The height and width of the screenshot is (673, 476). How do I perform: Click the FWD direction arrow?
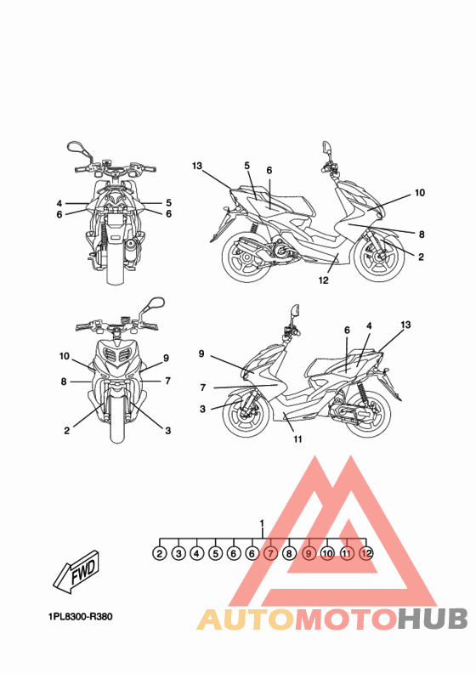pos(76,572)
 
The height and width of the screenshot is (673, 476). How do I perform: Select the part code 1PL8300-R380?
pos(81,617)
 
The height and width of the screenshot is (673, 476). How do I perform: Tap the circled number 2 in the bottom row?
pos(159,553)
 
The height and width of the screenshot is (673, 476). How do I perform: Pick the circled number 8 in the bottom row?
pos(289,553)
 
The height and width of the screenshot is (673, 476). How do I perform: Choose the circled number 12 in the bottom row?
pos(366,553)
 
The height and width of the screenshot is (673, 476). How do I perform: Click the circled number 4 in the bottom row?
pos(196,553)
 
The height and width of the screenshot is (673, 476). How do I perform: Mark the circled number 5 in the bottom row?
pos(215,553)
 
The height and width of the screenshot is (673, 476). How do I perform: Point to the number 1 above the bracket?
pos(263,523)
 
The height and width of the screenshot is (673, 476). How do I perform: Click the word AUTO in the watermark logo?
pos(246,619)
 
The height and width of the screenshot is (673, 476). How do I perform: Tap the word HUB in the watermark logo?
pos(432,619)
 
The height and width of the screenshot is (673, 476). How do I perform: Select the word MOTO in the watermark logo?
pos(346,619)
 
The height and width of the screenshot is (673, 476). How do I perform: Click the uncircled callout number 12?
pos(323,280)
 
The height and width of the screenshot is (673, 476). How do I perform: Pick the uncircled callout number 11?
pos(297,439)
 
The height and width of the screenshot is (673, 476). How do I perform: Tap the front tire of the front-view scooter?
pos(117,418)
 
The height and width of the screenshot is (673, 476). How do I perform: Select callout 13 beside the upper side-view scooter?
pos(197,166)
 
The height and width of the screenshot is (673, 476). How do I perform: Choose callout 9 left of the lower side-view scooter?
pos(201,354)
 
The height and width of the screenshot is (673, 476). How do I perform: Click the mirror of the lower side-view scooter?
pos(295,310)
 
